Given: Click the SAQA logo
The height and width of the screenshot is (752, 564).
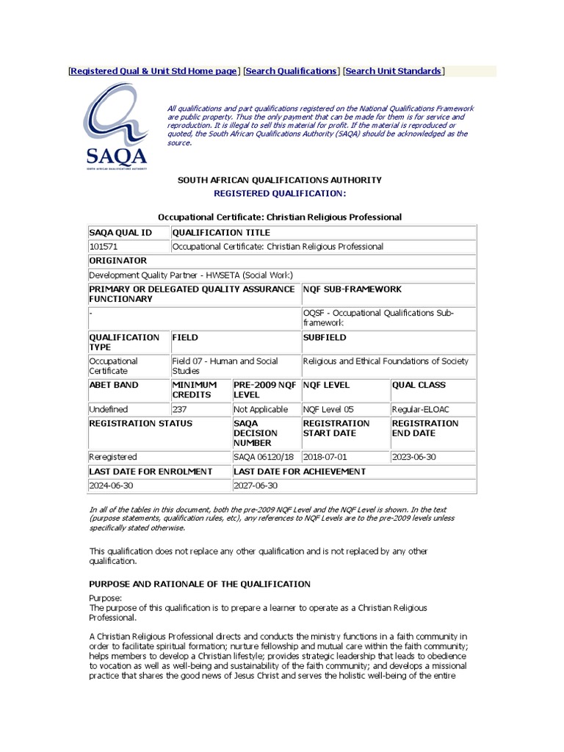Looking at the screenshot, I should click(115, 126).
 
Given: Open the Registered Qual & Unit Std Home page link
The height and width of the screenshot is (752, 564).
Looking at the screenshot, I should click(153, 71).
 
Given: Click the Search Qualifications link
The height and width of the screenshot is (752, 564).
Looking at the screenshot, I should click(291, 71).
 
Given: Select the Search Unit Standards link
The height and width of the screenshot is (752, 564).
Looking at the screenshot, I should click(394, 71).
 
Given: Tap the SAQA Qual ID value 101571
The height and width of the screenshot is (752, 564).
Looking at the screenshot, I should click(103, 247).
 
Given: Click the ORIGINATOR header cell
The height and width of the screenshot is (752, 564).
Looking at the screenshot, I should click(118, 261).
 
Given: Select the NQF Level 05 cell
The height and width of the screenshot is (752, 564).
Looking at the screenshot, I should click(327, 409).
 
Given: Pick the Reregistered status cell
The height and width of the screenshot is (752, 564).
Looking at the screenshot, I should click(113, 457).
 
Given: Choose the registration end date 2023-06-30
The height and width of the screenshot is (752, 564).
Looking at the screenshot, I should click(415, 457).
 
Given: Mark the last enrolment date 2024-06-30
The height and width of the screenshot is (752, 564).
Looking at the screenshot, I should click(112, 485).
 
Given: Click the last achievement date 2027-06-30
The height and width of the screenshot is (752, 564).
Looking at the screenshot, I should click(256, 485).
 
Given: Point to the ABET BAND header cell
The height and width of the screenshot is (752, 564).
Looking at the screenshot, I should click(114, 385).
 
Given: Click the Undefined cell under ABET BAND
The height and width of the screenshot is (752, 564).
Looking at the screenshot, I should click(109, 409).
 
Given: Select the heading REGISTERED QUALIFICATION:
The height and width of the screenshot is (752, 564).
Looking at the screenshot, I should click(279, 193).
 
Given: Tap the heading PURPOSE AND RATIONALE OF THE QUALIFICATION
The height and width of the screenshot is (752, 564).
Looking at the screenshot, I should click(200, 584).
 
